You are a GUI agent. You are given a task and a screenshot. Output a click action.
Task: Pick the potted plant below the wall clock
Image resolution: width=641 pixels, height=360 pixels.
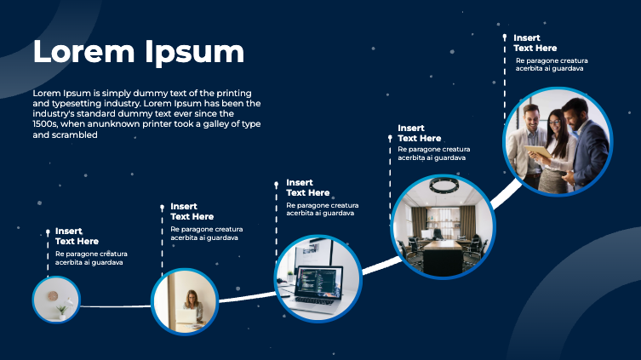click(61, 310)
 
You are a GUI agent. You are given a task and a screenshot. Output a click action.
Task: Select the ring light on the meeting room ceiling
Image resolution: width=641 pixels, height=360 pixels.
click(444, 185)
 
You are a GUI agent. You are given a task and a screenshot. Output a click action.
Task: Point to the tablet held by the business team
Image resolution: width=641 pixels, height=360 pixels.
click(538, 151)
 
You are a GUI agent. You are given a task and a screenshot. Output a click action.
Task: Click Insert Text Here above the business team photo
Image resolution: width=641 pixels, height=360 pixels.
click(535, 43)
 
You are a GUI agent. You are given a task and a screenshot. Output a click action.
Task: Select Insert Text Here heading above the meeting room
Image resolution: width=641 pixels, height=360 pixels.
click(419, 133)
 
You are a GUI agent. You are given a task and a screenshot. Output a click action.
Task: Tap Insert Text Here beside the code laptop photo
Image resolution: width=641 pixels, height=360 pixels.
click(307, 187)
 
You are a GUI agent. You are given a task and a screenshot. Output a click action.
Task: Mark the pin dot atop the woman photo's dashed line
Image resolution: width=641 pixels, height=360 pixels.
click(162, 206)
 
